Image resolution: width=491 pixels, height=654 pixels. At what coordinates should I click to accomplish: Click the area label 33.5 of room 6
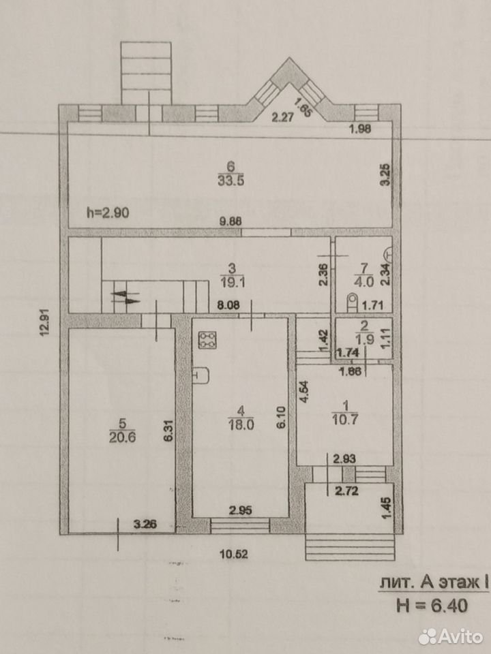[230, 181]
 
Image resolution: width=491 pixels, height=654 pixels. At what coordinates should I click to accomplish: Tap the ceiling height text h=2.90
[108, 213]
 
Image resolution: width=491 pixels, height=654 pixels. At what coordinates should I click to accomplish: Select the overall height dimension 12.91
[45, 322]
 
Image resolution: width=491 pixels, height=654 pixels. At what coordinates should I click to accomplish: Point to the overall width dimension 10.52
[234, 555]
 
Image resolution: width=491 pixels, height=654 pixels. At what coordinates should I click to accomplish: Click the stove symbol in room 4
[207, 339]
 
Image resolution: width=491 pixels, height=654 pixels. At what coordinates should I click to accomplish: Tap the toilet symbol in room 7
[353, 302]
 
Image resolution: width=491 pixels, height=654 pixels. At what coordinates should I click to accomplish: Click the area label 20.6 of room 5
[122, 437]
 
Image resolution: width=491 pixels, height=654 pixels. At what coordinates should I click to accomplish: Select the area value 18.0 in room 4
[241, 425]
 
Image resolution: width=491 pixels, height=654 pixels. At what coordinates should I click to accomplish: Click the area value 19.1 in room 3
[233, 282]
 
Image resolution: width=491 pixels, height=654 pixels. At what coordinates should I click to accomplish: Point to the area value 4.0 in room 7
[363, 281]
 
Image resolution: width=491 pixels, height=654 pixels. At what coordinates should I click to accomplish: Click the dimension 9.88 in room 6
[230, 222]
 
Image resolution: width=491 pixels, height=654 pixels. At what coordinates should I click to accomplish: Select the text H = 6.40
[432, 605]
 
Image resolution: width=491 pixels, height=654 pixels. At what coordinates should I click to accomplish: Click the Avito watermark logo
[451, 636]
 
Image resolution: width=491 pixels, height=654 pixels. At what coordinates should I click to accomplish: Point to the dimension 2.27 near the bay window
[282, 117]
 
